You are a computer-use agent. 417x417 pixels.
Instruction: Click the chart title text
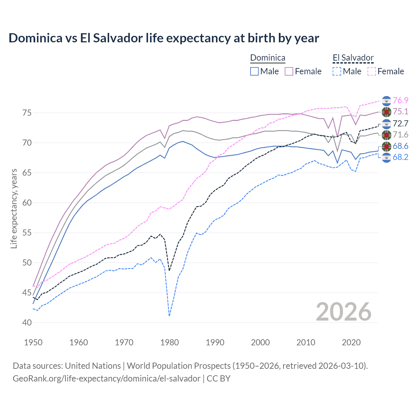click(x=164, y=38)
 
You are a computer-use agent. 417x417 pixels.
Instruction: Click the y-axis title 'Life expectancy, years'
click(x=14, y=208)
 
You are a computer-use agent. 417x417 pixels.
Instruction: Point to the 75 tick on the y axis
click(x=27, y=113)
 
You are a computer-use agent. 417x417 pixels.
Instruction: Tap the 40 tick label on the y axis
click(x=27, y=323)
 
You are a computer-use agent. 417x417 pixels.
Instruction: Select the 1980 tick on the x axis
click(x=169, y=342)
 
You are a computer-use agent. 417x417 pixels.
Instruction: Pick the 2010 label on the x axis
click(x=306, y=342)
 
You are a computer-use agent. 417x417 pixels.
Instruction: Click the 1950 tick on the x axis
click(x=33, y=342)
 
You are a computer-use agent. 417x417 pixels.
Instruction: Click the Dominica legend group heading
click(x=267, y=58)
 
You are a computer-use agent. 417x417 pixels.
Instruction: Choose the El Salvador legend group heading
click(x=353, y=58)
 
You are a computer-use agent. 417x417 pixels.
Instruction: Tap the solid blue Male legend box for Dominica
click(x=254, y=71)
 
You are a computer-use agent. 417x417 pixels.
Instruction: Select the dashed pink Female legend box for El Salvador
click(x=372, y=71)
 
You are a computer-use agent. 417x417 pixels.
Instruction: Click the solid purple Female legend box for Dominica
click(x=289, y=71)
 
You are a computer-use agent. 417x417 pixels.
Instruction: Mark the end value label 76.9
click(x=400, y=101)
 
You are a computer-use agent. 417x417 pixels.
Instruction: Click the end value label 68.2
click(x=400, y=157)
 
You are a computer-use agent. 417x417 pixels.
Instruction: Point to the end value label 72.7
click(x=400, y=123)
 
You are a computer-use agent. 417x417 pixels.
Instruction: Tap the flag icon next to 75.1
click(x=386, y=112)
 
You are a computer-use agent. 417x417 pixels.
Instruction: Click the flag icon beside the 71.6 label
click(x=386, y=135)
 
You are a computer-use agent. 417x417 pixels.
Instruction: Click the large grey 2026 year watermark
click(x=344, y=312)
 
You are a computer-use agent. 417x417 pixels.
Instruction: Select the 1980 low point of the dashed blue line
click(x=169, y=316)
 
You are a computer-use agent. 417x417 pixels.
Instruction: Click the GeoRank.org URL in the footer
click(x=107, y=379)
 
